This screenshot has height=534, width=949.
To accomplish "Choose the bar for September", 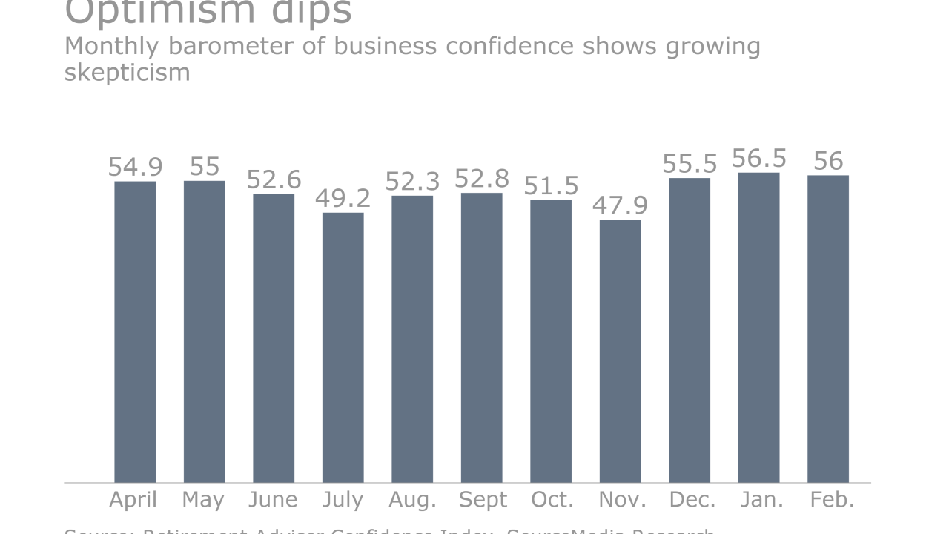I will coord(481,337).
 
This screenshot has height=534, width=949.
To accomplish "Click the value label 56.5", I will coord(758,159).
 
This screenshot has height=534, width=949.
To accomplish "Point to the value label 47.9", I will coord(620,205).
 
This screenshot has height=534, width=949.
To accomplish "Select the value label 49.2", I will coord(343,199).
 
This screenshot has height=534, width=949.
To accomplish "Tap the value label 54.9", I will coord(135,167).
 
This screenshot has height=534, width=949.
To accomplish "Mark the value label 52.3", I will coord(412,182).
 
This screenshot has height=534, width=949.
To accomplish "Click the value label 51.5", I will coord(551,185).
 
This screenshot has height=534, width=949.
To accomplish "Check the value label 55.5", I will coord(690,164).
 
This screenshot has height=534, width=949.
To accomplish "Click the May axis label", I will coord(204,501).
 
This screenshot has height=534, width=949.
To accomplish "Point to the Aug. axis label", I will coord(412,501).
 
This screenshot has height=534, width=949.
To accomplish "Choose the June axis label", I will coord(274,501).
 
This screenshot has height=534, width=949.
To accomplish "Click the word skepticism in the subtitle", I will coord(127,73).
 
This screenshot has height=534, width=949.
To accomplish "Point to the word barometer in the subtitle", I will coord(222,46).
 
